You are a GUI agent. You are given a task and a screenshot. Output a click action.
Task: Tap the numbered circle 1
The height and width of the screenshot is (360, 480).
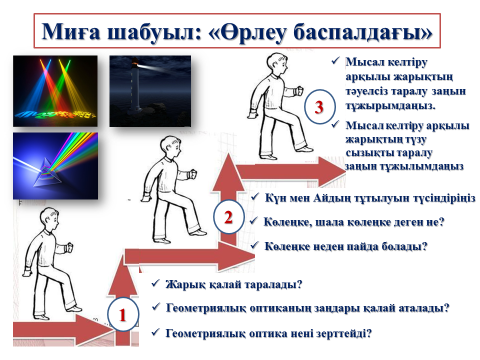(x=123, y=314)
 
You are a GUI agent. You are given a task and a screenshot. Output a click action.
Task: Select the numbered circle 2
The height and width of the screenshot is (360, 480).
(x=228, y=217)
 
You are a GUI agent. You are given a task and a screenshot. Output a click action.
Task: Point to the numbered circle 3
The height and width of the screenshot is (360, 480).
(x=319, y=107)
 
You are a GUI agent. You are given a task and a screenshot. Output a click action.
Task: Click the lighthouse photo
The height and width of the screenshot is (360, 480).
(x=150, y=91)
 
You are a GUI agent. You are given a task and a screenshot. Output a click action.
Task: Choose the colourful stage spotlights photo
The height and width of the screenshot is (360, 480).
(x=55, y=91)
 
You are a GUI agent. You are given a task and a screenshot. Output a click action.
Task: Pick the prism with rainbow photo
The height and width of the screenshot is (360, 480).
(x=55, y=166)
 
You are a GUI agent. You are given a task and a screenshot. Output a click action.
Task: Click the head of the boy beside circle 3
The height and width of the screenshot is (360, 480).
(x=276, y=65)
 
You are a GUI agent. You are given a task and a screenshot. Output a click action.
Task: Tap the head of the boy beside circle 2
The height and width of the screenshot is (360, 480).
(x=170, y=148)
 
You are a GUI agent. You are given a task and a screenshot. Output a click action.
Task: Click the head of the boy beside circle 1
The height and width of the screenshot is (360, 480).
(x=50, y=219)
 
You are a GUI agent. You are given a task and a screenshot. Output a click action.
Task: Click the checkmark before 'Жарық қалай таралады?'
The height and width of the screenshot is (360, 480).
(x=156, y=283)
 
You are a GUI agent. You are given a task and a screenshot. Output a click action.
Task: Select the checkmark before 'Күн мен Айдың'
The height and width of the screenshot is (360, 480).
(x=255, y=197)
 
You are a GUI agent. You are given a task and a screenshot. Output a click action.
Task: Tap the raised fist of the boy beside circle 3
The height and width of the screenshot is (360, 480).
(x=299, y=91)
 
